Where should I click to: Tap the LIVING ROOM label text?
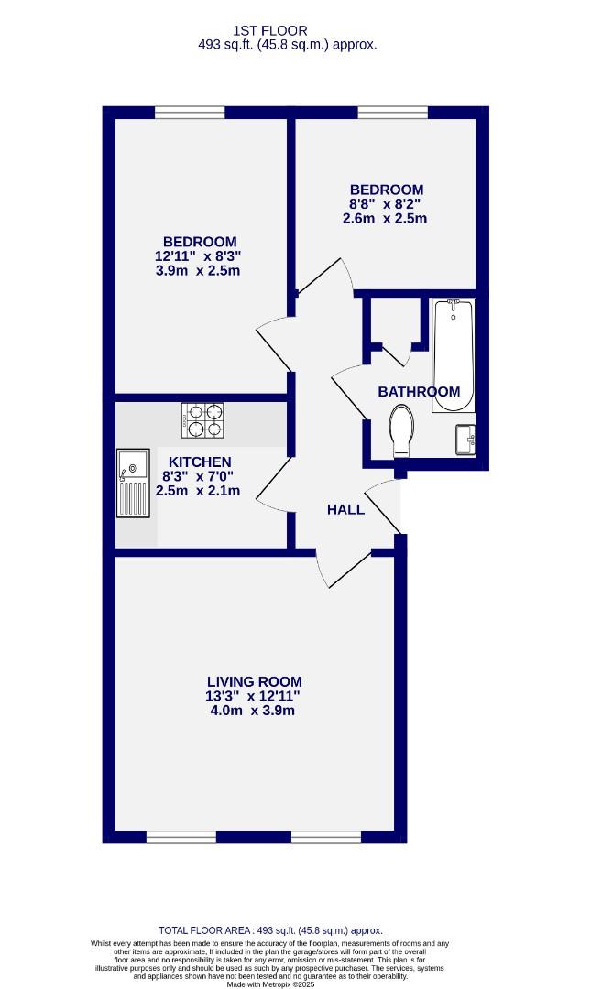(x=254, y=681)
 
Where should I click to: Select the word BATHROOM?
(x=419, y=392)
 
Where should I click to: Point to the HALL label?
(x=345, y=509)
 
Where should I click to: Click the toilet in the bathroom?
(x=402, y=430)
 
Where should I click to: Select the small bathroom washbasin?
(x=465, y=439)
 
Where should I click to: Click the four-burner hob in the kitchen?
(x=202, y=419)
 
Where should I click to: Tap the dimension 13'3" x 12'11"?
(x=254, y=696)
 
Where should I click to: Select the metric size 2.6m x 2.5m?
(x=386, y=218)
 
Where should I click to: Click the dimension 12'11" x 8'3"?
(x=199, y=256)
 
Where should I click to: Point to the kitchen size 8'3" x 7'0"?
(x=197, y=476)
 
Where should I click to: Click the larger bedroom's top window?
(x=190, y=113)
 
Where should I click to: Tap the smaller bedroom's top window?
(x=392, y=113)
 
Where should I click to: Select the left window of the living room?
(x=181, y=837)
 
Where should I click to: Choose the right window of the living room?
(x=326, y=837)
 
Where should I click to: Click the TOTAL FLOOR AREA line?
(x=269, y=929)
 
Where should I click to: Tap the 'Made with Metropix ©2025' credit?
(x=269, y=984)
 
